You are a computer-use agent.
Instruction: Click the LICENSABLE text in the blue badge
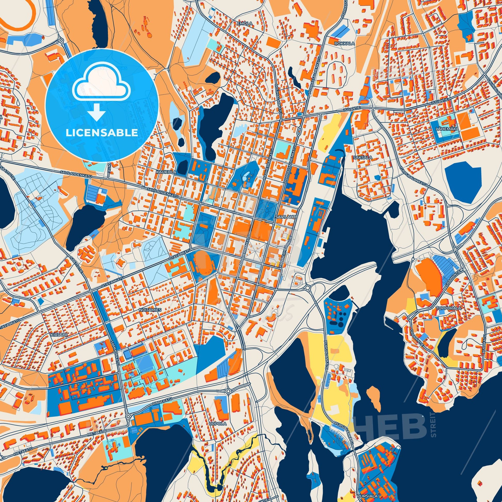click(102, 133)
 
